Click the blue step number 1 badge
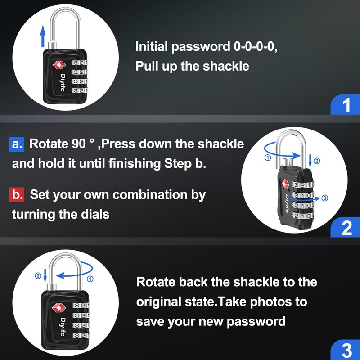pos(346,105)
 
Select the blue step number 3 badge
pos(346,351)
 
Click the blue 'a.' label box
pos(17,144)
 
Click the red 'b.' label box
pos(17,195)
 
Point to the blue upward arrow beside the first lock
pos(43,34)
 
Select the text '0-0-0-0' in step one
pos(254,47)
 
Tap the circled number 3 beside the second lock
pos(325,198)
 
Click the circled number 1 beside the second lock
pos(268,157)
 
